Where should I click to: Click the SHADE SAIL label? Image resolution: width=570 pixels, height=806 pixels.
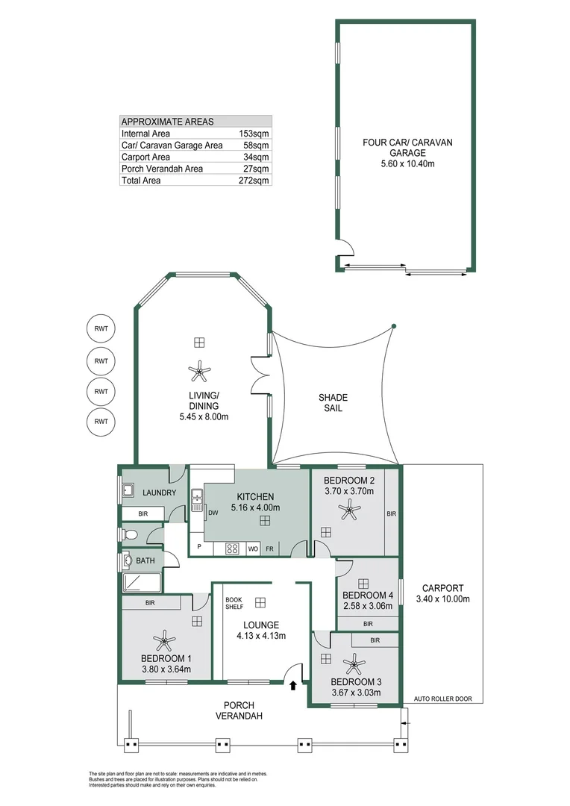coord(333,403)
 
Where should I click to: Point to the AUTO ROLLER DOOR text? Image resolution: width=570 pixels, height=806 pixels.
coord(443,699)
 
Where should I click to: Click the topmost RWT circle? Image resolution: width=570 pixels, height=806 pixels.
coord(101,330)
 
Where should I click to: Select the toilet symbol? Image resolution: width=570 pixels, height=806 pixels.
coord(130,534)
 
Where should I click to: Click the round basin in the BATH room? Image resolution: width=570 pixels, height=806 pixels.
coord(128,560)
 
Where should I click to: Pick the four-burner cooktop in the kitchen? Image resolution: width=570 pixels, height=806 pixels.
coord(232,549)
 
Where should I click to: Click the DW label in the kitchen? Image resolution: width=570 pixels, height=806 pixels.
coord(213,513)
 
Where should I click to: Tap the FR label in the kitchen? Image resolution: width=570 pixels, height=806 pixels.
coord(269,549)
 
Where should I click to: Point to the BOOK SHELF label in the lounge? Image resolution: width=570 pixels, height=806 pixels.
coord(234,603)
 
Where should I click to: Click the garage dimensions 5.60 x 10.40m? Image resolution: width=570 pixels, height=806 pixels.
coord(407,164)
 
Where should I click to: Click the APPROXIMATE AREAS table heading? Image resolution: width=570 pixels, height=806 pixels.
coord(167,122)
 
